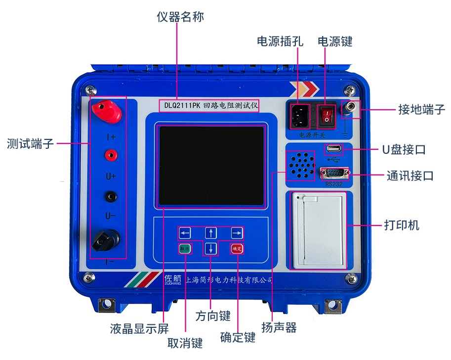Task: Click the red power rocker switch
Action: (x=327, y=116)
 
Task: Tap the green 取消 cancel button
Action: (x=185, y=248)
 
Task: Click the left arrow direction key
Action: (x=185, y=233)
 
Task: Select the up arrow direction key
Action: (x=211, y=233)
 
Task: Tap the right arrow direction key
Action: (x=237, y=233)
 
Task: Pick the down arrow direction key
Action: (x=211, y=249)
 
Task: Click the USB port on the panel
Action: (x=333, y=149)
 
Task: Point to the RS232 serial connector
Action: (x=335, y=174)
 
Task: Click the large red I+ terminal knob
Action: (x=106, y=111)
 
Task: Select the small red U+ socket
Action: (x=111, y=155)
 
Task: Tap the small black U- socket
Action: (x=111, y=197)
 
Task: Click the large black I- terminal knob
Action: (x=106, y=240)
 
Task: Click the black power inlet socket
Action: (x=299, y=117)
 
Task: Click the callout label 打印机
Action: (x=402, y=225)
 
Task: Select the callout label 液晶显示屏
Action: (x=139, y=329)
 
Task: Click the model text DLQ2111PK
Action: (x=182, y=106)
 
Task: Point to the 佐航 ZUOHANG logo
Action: (x=173, y=280)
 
